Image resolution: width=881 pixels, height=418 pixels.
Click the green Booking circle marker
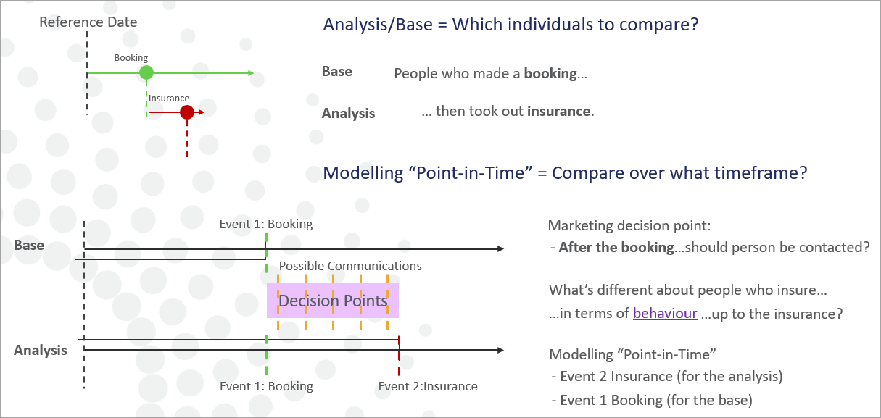(146, 72)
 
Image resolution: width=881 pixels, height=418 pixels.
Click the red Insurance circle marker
(187, 112)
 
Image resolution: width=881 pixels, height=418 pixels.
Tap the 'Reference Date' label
(88, 22)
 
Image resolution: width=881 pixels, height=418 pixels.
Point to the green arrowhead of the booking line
(251, 73)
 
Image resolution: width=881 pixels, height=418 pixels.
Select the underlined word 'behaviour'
(665, 313)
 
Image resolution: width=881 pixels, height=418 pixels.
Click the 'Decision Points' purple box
(333, 301)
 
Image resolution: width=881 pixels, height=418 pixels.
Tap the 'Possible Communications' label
(350, 266)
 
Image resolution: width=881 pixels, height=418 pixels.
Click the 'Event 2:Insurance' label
(428, 386)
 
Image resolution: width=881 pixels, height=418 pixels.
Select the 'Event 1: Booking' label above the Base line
(266, 224)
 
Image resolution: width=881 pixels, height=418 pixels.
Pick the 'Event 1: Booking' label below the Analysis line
(266, 386)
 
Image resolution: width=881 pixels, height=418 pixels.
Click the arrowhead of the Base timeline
(500, 248)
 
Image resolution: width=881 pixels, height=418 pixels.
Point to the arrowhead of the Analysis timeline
(500, 350)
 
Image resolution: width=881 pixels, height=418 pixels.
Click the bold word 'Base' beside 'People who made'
(337, 72)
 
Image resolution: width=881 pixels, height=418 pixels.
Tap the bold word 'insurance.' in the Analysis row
(561, 111)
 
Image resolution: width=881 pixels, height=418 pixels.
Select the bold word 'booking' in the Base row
(550, 73)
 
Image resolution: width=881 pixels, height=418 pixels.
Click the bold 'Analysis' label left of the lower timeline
(40, 351)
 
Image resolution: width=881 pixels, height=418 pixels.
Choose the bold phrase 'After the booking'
(616, 247)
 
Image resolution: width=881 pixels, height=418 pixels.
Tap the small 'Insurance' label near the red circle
(169, 99)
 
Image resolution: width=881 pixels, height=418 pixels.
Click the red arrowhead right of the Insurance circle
(202, 112)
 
